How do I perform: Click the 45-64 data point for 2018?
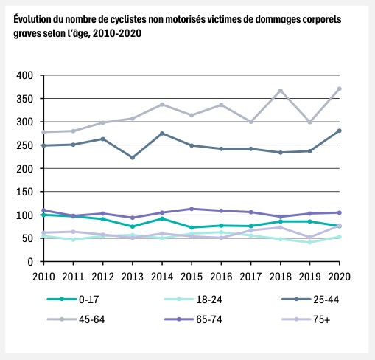pos(281,91)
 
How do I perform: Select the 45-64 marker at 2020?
pos(340,89)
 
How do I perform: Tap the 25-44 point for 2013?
pos(133,158)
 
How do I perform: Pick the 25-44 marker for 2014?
pos(162,134)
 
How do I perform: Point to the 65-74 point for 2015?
pos(192,209)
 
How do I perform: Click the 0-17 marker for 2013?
pos(133,226)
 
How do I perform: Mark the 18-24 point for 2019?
pos(310,243)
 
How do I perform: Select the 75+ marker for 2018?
pos(281,227)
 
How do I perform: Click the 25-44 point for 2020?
pos(340,131)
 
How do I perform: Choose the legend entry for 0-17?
pos(73,300)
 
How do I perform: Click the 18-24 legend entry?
pos(193,300)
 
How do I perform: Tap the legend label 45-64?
pos(92,319)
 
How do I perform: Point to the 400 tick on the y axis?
pos(24,75)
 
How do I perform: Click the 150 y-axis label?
pos(24,192)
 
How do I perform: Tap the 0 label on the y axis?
pos(30,262)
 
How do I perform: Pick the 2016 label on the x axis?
pos(221,277)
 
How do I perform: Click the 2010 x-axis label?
pos(43,277)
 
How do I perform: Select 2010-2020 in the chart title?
pos(117,33)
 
